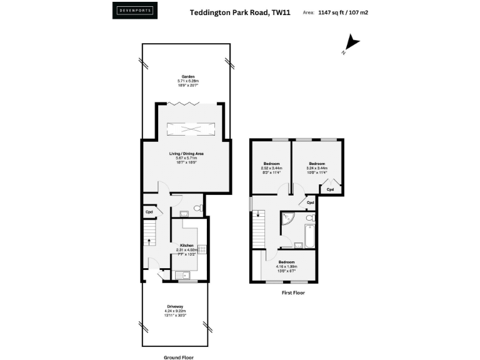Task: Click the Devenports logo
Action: tap(135, 11)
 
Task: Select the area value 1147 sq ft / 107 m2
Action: tap(342, 12)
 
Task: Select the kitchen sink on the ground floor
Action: tap(181, 275)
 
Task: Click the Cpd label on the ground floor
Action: tap(149, 212)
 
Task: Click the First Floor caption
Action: tap(292, 292)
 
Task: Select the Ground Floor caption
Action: tap(179, 357)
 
